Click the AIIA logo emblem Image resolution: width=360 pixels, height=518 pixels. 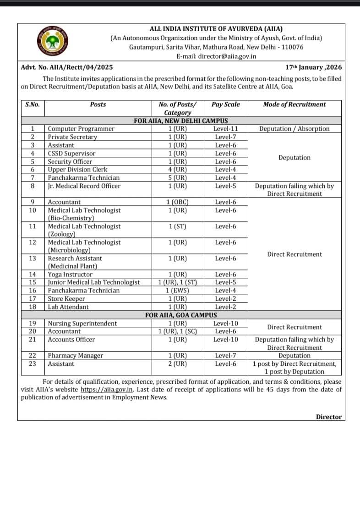click(x=51, y=42)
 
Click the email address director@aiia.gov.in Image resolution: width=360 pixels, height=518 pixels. click(x=216, y=56)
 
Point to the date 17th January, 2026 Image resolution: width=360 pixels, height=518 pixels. click(x=313, y=67)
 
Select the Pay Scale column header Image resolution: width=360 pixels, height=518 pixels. click(x=225, y=105)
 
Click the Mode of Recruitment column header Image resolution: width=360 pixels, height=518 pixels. click(x=294, y=105)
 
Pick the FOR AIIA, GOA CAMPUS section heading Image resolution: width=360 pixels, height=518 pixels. click(x=181, y=315)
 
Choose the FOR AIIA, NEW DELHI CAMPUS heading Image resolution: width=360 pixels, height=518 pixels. click(x=181, y=121)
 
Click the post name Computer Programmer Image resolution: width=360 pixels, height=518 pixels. click(x=81, y=129)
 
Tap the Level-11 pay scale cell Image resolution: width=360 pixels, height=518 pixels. click(x=225, y=129)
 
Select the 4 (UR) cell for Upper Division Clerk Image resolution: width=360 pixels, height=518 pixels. click(x=178, y=170)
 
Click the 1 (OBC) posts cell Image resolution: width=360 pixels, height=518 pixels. click(x=178, y=202)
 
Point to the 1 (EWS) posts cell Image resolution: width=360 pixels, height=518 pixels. click(x=178, y=291)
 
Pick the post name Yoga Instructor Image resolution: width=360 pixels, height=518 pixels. click(x=70, y=275)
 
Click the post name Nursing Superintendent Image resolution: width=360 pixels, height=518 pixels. click(x=82, y=324)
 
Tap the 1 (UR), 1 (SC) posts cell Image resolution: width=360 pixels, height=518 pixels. click(x=178, y=331)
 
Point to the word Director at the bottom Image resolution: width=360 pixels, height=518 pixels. click(x=328, y=417)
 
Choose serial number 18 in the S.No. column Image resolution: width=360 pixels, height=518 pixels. click(x=33, y=307)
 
